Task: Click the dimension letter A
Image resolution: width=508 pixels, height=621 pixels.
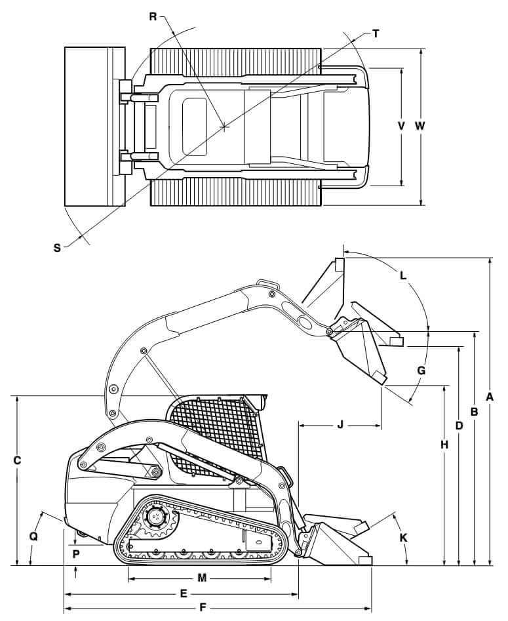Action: tap(490, 396)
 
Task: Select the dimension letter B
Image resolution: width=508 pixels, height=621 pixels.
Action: tap(474, 411)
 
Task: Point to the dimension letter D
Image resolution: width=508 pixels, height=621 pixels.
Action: tap(459, 426)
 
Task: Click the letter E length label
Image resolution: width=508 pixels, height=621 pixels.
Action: tap(184, 593)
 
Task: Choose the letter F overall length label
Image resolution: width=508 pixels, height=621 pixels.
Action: tap(203, 607)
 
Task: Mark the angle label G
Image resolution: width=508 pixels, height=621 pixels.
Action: tap(421, 371)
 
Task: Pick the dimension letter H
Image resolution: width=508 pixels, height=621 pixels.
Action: tap(444, 445)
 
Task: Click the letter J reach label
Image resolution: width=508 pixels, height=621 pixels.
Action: tap(340, 425)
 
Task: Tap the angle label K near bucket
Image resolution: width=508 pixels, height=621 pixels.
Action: tap(403, 537)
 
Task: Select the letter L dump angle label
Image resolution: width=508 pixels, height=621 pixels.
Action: tap(403, 276)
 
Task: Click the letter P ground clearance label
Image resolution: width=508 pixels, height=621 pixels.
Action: tap(76, 553)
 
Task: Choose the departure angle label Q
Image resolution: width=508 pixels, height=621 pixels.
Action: tap(33, 536)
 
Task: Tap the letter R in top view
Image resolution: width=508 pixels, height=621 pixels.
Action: tap(153, 17)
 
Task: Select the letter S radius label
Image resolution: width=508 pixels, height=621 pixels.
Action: tap(57, 247)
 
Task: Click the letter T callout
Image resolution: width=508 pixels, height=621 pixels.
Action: tap(375, 33)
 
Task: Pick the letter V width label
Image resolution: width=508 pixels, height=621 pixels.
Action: tap(402, 126)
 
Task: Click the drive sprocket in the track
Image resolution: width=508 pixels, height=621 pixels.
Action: tap(156, 518)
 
